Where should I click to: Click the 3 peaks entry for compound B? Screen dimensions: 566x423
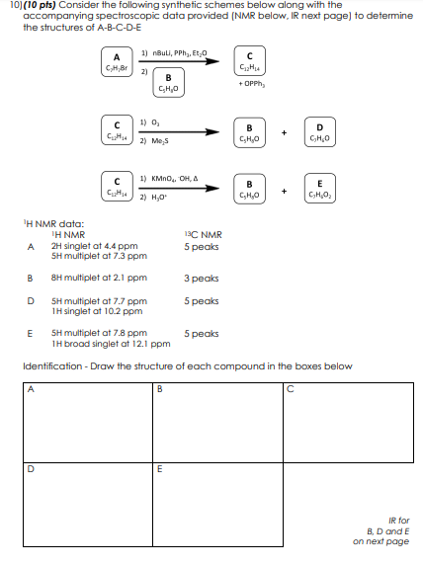click(x=201, y=278)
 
